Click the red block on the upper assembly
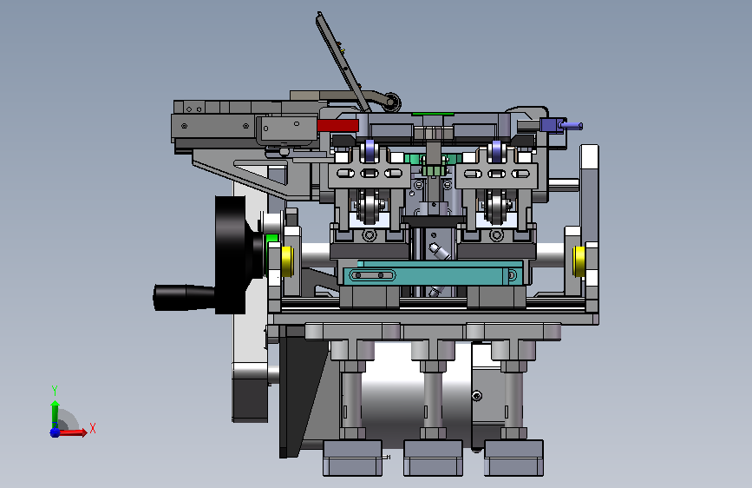[337, 125]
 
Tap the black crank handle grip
[184, 297]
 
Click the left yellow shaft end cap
[287, 261]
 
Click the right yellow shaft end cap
[579, 261]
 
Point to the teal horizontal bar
[432, 274]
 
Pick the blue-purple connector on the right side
[560, 125]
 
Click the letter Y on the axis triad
[55, 391]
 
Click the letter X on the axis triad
[93, 428]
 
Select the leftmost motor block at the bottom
[352, 458]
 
